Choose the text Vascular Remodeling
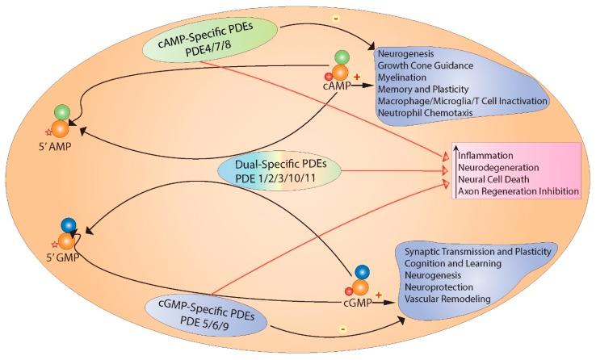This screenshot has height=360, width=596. pyautogui.click(x=443, y=299)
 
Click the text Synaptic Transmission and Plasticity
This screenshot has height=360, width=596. pyautogui.click(x=476, y=253)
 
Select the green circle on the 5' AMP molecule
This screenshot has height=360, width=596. pyautogui.click(x=62, y=111)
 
